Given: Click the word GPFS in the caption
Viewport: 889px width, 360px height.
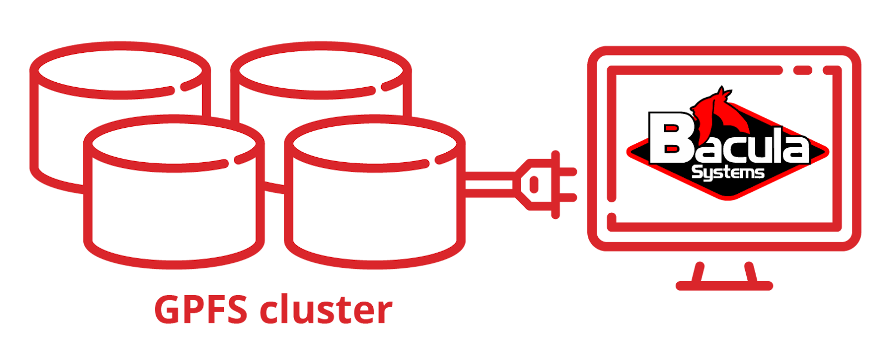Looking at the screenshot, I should point(201,310).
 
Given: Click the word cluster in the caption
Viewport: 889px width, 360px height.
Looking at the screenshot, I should point(327,310).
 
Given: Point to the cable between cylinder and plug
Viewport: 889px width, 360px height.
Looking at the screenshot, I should point(489,184).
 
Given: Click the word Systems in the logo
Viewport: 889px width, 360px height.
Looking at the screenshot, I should point(728,173).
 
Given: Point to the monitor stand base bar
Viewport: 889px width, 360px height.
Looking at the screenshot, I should point(724,286).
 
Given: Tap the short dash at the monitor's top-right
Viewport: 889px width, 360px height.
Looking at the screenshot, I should point(803,71).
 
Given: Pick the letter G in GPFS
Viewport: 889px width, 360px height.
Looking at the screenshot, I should point(167,310).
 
